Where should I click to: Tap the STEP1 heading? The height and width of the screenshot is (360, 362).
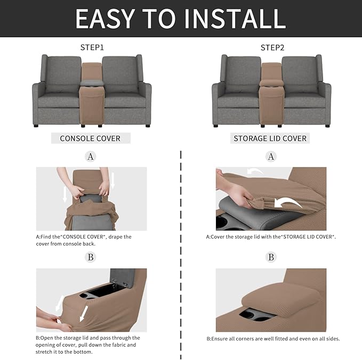[92, 47]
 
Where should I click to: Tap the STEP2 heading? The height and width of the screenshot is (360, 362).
[272, 47]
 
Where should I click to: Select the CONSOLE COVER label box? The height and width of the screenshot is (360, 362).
[90, 138]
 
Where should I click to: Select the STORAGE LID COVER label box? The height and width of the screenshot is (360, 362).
[270, 138]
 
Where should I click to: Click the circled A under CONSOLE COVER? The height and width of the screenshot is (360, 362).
[91, 157]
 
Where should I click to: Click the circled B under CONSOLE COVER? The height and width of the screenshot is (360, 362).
[91, 257]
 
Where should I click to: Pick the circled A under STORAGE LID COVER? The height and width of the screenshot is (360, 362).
[271, 157]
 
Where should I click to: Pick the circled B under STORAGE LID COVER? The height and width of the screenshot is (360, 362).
[271, 257]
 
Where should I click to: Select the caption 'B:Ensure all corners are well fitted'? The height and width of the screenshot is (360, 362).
[273, 339]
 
